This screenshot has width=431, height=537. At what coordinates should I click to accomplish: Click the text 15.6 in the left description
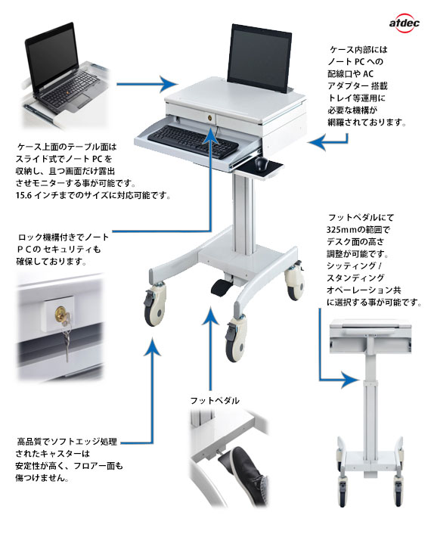pos(24,196)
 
